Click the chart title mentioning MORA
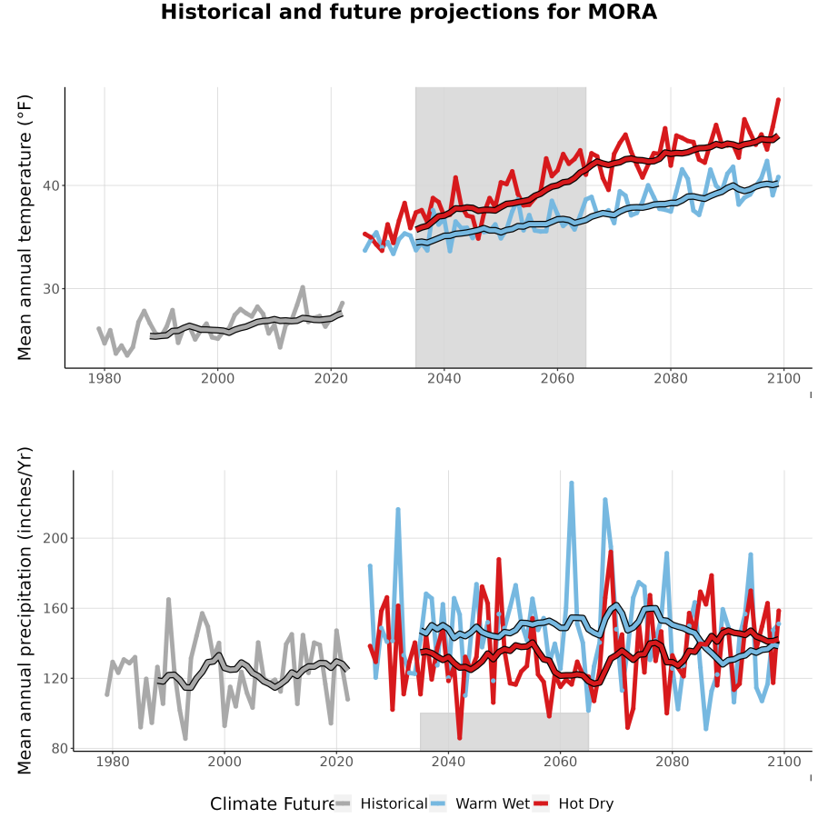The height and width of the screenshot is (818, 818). click(408, 12)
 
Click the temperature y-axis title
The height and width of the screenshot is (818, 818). click(25, 227)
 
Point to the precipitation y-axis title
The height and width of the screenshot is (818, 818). click(25, 611)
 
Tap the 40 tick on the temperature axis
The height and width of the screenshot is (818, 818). click(51, 185)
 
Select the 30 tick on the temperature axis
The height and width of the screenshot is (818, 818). click(51, 289)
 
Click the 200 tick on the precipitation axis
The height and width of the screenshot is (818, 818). click(55, 538)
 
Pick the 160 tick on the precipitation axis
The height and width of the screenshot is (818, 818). click(55, 608)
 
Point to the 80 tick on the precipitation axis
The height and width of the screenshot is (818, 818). click(59, 749)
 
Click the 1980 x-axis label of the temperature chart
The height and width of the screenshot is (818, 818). click(105, 378)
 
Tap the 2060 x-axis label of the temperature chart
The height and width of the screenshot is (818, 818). click(557, 378)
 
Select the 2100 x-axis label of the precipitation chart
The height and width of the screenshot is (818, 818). click(784, 762)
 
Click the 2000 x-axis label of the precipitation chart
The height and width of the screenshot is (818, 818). click(224, 762)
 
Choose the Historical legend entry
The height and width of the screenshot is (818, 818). click(381, 803)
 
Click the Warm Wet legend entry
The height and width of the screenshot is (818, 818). click(480, 803)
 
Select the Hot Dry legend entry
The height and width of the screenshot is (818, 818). click(574, 803)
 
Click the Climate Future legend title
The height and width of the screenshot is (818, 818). click(273, 804)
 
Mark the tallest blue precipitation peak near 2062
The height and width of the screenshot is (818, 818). click(572, 484)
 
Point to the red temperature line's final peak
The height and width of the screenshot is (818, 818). click(779, 99)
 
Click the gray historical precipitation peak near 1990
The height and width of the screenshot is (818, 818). click(168, 600)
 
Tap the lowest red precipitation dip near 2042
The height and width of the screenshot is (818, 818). click(459, 738)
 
